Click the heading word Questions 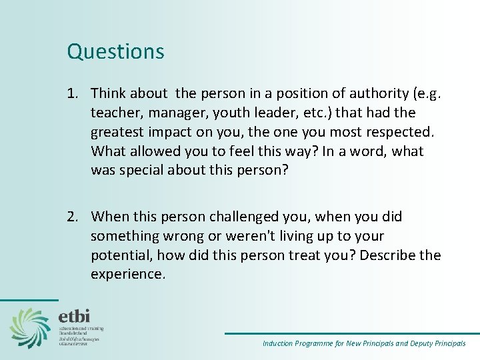(115, 51)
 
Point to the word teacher (114, 112)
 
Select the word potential (119, 256)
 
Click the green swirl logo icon (30, 327)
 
